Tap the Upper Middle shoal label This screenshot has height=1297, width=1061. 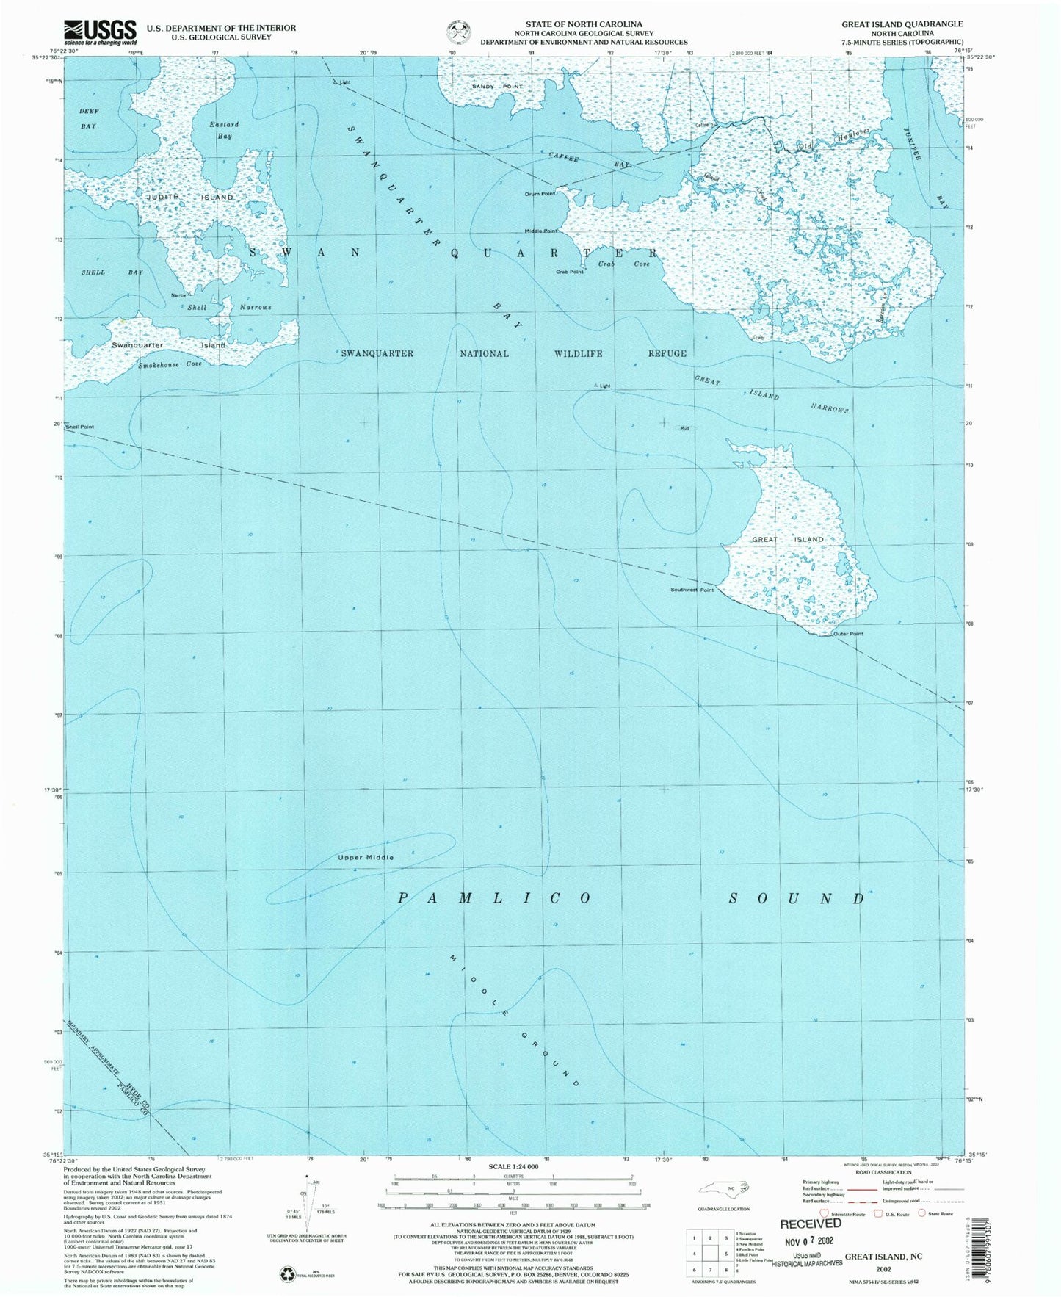(366, 857)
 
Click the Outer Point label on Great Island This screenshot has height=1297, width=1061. (847, 634)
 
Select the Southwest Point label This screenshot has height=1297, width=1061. (692, 590)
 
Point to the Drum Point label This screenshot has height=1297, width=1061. (540, 194)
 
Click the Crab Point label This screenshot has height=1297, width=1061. (569, 272)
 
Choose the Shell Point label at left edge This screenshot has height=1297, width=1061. (80, 427)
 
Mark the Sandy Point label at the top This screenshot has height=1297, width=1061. (497, 87)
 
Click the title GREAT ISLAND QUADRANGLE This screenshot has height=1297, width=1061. (902, 24)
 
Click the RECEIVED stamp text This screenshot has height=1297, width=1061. (811, 1224)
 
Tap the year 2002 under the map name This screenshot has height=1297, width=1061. (883, 1268)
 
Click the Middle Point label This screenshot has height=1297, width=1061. (540, 231)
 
